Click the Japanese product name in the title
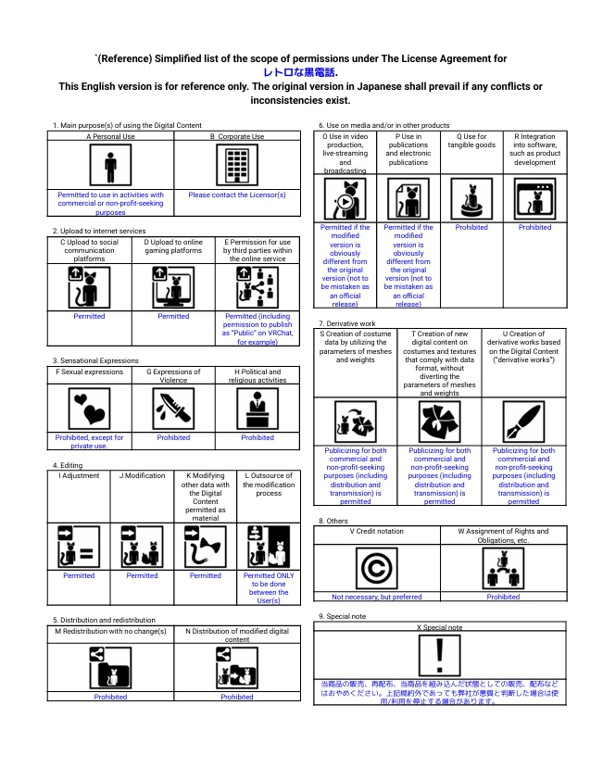[301, 72]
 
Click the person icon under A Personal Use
[111, 167]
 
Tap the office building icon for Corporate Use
[236, 167]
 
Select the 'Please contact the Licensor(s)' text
[236, 195]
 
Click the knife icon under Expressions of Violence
[173, 408]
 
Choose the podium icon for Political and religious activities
[257, 408]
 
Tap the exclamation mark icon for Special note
[439, 656]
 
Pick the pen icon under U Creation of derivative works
[523, 422]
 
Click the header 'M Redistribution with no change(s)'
[111, 631]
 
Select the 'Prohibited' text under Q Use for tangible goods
[471, 228]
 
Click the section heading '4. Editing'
[68, 465]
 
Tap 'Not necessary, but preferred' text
[377, 597]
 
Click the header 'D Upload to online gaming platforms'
[173, 250]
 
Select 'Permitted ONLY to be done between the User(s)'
[269, 587]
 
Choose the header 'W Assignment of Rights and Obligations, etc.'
[503, 535]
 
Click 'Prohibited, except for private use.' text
[90, 442]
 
